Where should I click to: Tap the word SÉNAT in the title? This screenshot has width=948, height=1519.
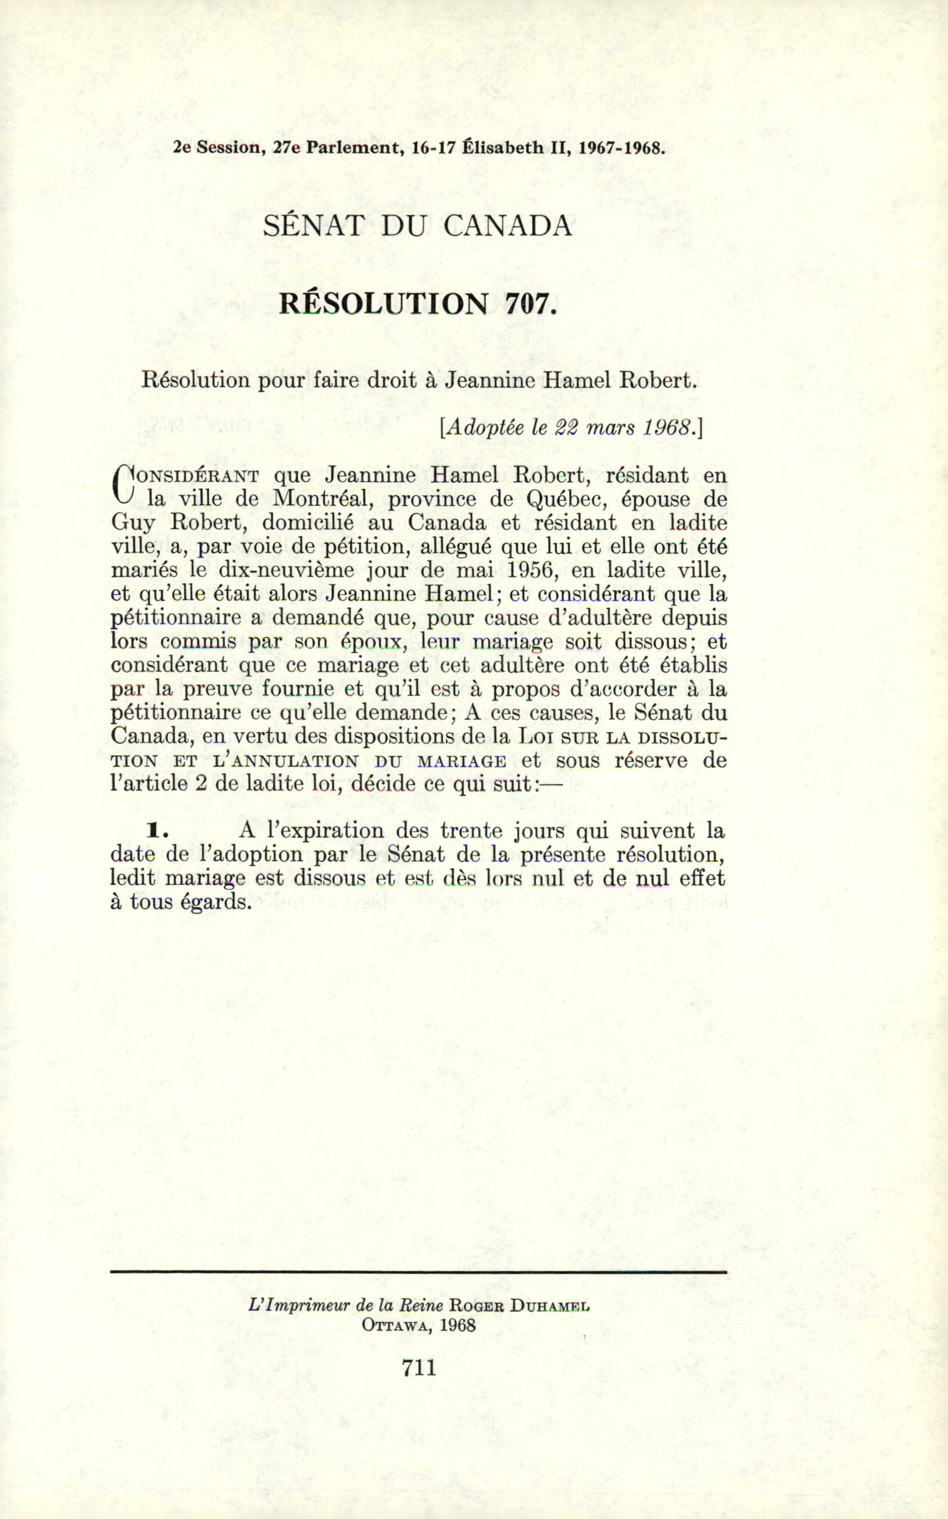click(313, 226)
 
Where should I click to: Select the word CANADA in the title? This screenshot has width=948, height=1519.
click(508, 226)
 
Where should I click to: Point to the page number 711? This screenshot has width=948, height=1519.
click(419, 1366)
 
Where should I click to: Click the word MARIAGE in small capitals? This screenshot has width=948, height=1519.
click(461, 761)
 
